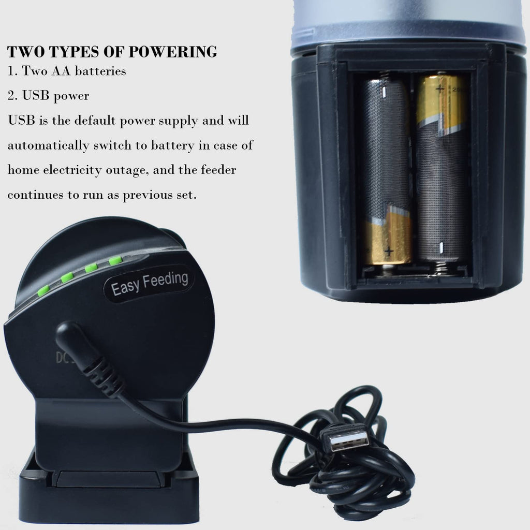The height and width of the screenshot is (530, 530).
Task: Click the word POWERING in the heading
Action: coord(173,52)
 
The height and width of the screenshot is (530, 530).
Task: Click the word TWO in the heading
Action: coord(26,52)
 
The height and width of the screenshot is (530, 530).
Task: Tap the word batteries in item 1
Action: coord(100,71)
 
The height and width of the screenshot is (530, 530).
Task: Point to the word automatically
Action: coord(48,145)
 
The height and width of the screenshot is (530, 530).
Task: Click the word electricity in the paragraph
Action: coord(72,170)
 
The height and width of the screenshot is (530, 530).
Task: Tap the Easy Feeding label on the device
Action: coord(149,284)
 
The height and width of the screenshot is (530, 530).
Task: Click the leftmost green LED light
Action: coord(43,290)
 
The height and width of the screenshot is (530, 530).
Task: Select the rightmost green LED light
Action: coord(115,261)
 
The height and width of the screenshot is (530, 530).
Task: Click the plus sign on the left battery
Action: coord(389,251)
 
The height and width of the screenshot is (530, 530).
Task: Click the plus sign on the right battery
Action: coord(440,89)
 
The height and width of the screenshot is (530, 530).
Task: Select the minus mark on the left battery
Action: coord(385,92)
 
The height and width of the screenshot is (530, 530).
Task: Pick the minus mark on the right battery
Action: coord(441,248)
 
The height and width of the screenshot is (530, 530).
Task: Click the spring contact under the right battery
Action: coord(440,268)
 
